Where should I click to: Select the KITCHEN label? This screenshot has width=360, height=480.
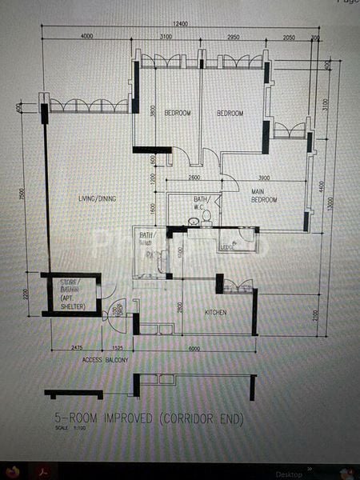(218, 311)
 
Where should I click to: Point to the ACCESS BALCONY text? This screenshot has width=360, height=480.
(106, 361)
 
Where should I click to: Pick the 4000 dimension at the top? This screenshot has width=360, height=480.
(86, 37)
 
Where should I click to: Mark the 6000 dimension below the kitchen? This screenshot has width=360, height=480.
(194, 348)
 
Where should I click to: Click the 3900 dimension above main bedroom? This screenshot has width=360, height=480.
(263, 178)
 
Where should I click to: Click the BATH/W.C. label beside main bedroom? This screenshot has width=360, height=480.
(202, 203)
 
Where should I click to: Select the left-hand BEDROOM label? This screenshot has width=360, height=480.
(178, 114)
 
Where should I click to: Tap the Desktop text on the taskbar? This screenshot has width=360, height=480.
(289, 474)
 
